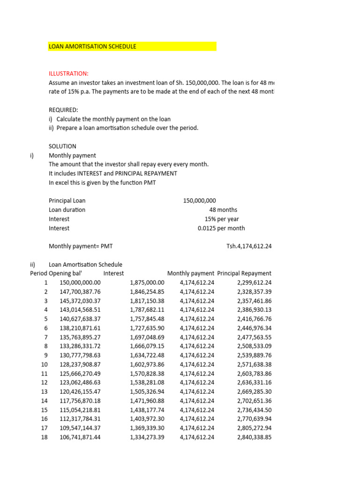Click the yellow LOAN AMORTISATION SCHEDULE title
93,46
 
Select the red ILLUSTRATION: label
68,74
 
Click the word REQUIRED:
64,110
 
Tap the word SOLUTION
62,146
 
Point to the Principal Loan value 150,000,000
199,201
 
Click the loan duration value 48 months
223,210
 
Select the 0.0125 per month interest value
221,228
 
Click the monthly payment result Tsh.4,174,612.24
249,246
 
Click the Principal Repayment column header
244,273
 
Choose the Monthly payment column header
191,273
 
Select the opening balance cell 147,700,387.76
80,292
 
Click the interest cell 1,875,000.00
147,283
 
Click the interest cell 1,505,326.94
147,391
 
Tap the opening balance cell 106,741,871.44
80,437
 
